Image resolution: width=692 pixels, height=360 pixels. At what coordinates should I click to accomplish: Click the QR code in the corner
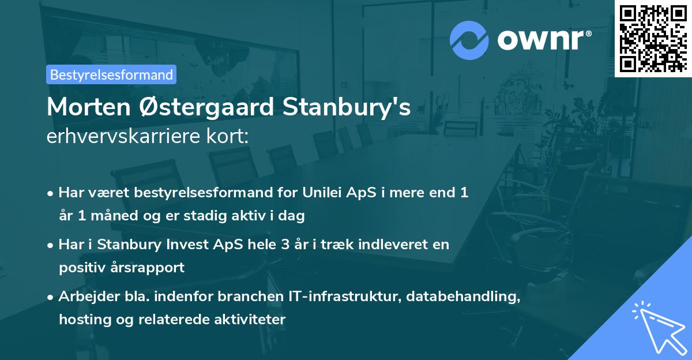653,38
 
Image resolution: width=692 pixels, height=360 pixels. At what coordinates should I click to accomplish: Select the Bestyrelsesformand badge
111,74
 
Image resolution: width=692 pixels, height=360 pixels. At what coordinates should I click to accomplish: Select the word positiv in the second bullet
80,268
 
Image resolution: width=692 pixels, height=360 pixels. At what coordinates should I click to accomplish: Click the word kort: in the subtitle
230,137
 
